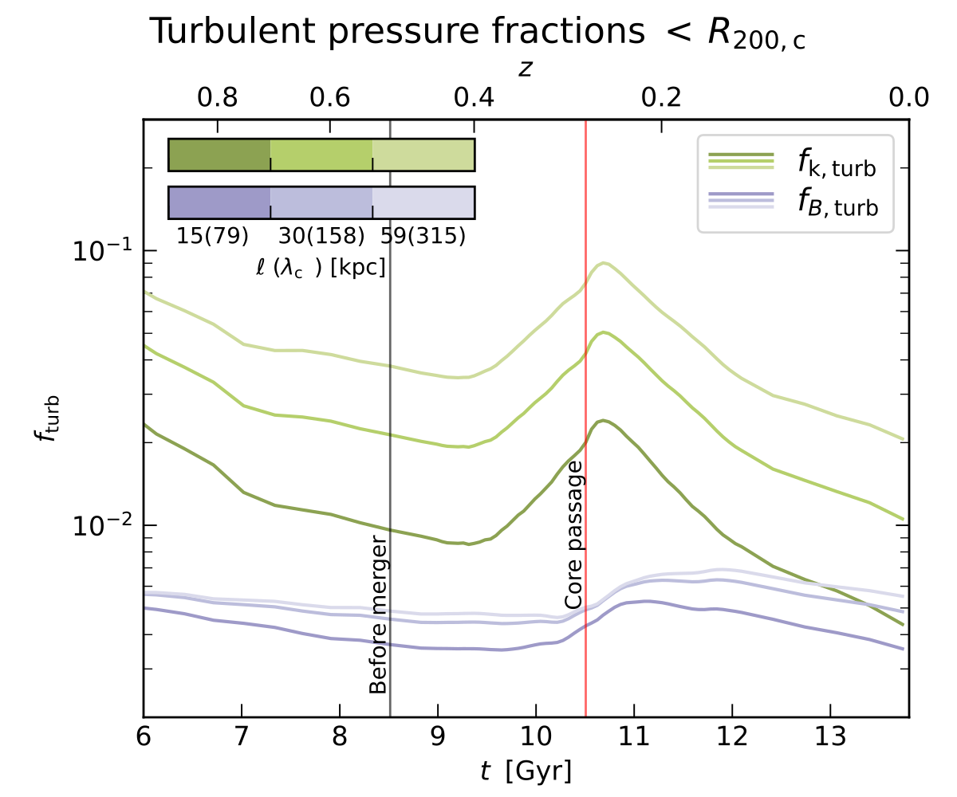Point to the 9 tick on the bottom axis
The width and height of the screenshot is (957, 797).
pyautogui.click(x=438, y=732)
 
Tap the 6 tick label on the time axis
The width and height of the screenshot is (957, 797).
pyautogui.click(x=144, y=732)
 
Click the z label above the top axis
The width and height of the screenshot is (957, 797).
pyautogui.click(x=525, y=69)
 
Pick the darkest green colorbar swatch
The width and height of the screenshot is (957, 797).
pyautogui.click(x=219, y=155)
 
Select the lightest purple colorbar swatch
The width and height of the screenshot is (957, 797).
pyautogui.click(x=423, y=202)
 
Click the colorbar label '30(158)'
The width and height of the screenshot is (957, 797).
pyautogui.click(x=321, y=237)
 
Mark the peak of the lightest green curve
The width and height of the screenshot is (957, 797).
pyautogui.click(x=605, y=263)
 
